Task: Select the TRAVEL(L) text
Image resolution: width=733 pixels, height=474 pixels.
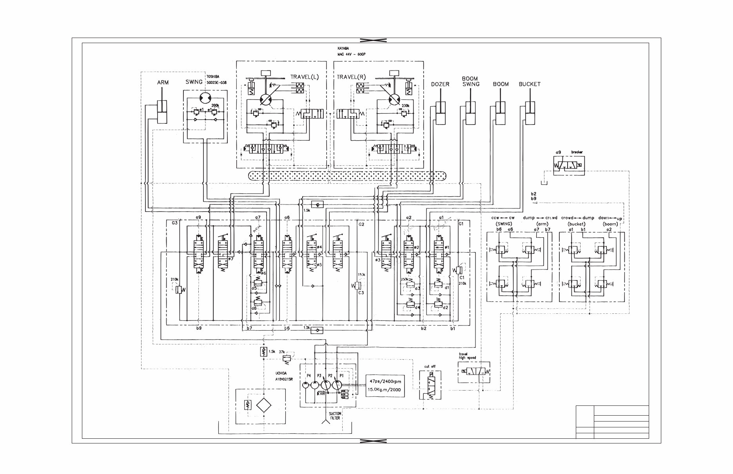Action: (x=305, y=77)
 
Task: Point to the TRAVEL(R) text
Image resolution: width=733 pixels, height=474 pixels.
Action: (x=351, y=77)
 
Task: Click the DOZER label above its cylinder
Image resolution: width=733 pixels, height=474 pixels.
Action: (x=440, y=84)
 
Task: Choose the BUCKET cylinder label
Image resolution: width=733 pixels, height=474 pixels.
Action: (x=529, y=84)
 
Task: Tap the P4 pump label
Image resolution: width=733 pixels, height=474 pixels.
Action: (x=308, y=375)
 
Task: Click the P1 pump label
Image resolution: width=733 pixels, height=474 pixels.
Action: (x=341, y=375)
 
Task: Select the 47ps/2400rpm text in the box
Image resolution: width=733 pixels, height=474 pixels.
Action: (x=385, y=381)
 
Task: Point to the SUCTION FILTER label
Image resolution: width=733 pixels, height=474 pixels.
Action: (x=335, y=416)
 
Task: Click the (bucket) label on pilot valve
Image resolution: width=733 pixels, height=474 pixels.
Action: (x=576, y=224)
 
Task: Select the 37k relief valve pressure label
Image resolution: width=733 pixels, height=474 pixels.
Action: (x=282, y=352)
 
